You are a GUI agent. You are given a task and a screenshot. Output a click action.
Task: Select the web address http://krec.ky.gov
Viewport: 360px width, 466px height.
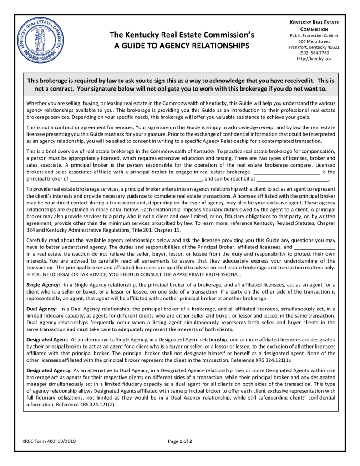(x=314, y=59)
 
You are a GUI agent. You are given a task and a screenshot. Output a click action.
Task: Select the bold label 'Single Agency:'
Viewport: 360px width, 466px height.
(x=44, y=284)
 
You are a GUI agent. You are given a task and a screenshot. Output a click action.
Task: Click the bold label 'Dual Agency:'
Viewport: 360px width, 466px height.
(x=42, y=309)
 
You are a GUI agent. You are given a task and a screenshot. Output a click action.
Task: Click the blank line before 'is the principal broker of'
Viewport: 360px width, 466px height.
(x=286, y=172)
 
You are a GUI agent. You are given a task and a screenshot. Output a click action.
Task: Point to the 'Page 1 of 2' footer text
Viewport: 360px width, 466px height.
(x=180, y=441)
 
